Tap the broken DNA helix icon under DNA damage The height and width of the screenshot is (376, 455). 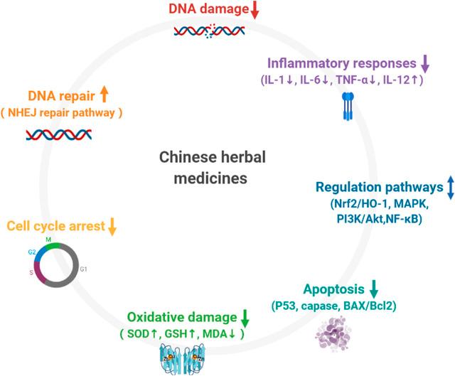(210, 31)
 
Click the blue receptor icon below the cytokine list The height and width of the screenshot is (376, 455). (347, 104)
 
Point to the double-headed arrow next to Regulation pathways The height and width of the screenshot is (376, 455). (449, 188)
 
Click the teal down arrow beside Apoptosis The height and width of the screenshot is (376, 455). (374, 290)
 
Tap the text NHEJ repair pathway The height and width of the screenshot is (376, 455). (71, 112)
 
